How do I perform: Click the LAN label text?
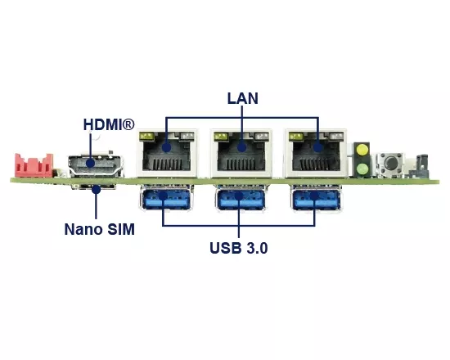(x=243, y=98)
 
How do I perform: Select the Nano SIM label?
(x=100, y=229)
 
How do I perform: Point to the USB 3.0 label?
(x=239, y=248)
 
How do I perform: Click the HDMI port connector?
(x=96, y=165)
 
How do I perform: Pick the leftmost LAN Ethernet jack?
(x=167, y=153)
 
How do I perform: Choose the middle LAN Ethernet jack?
(x=241, y=153)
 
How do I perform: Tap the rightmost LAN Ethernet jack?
(x=316, y=153)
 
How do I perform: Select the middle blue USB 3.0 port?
(x=241, y=198)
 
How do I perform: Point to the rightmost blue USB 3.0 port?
(x=316, y=198)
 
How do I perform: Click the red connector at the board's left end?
(x=34, y=165)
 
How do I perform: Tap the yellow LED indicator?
(x=362, y=151)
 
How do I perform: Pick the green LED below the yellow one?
(x=362, y=169)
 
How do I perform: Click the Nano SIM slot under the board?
(x=93, y=187)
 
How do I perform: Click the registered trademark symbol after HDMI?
(x=128, y=124)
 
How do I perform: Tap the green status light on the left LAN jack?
(x=146, y=136)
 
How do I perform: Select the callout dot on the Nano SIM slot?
(x=97, y=189)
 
